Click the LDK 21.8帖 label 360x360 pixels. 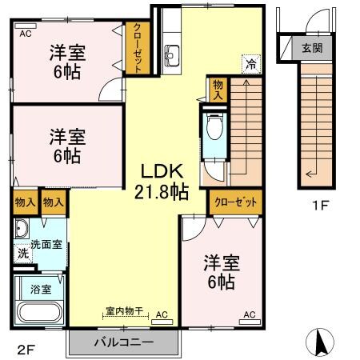tap(165, 180)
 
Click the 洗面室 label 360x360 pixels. tap(46, 244)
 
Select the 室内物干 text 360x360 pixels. tap(123, 312)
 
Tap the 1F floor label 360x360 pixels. tap(320, 205)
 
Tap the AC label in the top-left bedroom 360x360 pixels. tap(25, 33)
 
